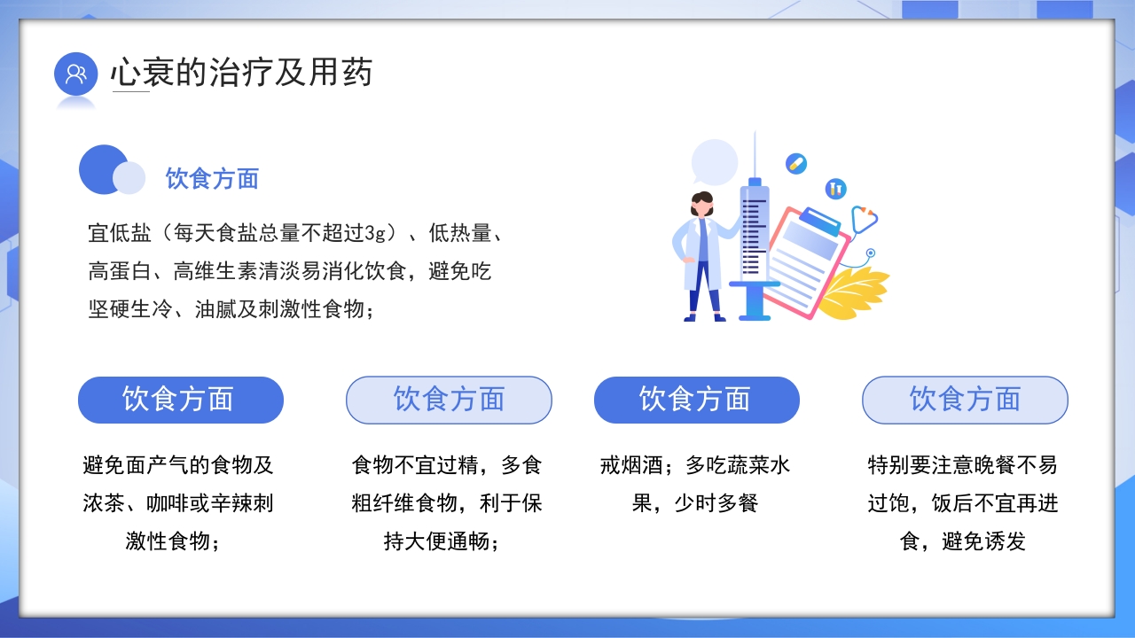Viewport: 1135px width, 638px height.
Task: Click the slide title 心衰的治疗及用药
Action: [241, 73]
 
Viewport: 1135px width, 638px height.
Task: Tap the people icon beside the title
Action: [75, 74]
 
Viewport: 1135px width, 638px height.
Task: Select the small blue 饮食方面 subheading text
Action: [212, 179]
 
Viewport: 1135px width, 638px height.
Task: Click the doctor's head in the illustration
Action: [702, 203]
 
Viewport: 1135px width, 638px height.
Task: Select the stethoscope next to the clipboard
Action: [865, 222]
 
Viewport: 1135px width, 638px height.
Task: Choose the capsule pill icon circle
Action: [796, 164]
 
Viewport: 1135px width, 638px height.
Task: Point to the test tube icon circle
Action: [835, 188]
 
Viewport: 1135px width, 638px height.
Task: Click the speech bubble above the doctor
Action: [714, 162]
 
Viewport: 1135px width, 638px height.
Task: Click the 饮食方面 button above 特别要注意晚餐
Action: [965, 400]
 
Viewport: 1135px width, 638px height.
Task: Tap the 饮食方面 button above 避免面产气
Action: [180, 400]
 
